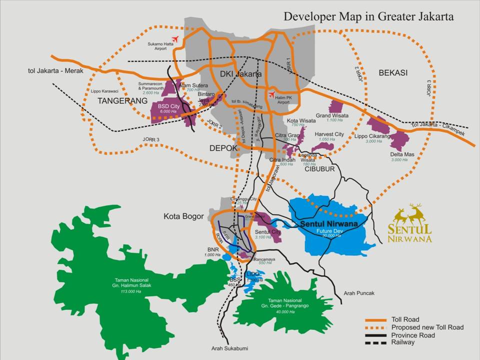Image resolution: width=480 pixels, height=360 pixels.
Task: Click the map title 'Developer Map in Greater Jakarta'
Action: point(368,16)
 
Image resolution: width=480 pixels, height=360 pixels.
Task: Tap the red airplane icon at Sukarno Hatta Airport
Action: point(175,38)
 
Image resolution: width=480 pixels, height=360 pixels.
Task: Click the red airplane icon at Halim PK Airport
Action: point(271,94)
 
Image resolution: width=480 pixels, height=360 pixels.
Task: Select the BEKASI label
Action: point(393,73)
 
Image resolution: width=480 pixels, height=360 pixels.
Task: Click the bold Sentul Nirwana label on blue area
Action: point(328,224)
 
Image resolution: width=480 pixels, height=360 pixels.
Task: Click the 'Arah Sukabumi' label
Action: point(229,348)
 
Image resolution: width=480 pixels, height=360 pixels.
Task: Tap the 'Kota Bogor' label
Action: point(183,216)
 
